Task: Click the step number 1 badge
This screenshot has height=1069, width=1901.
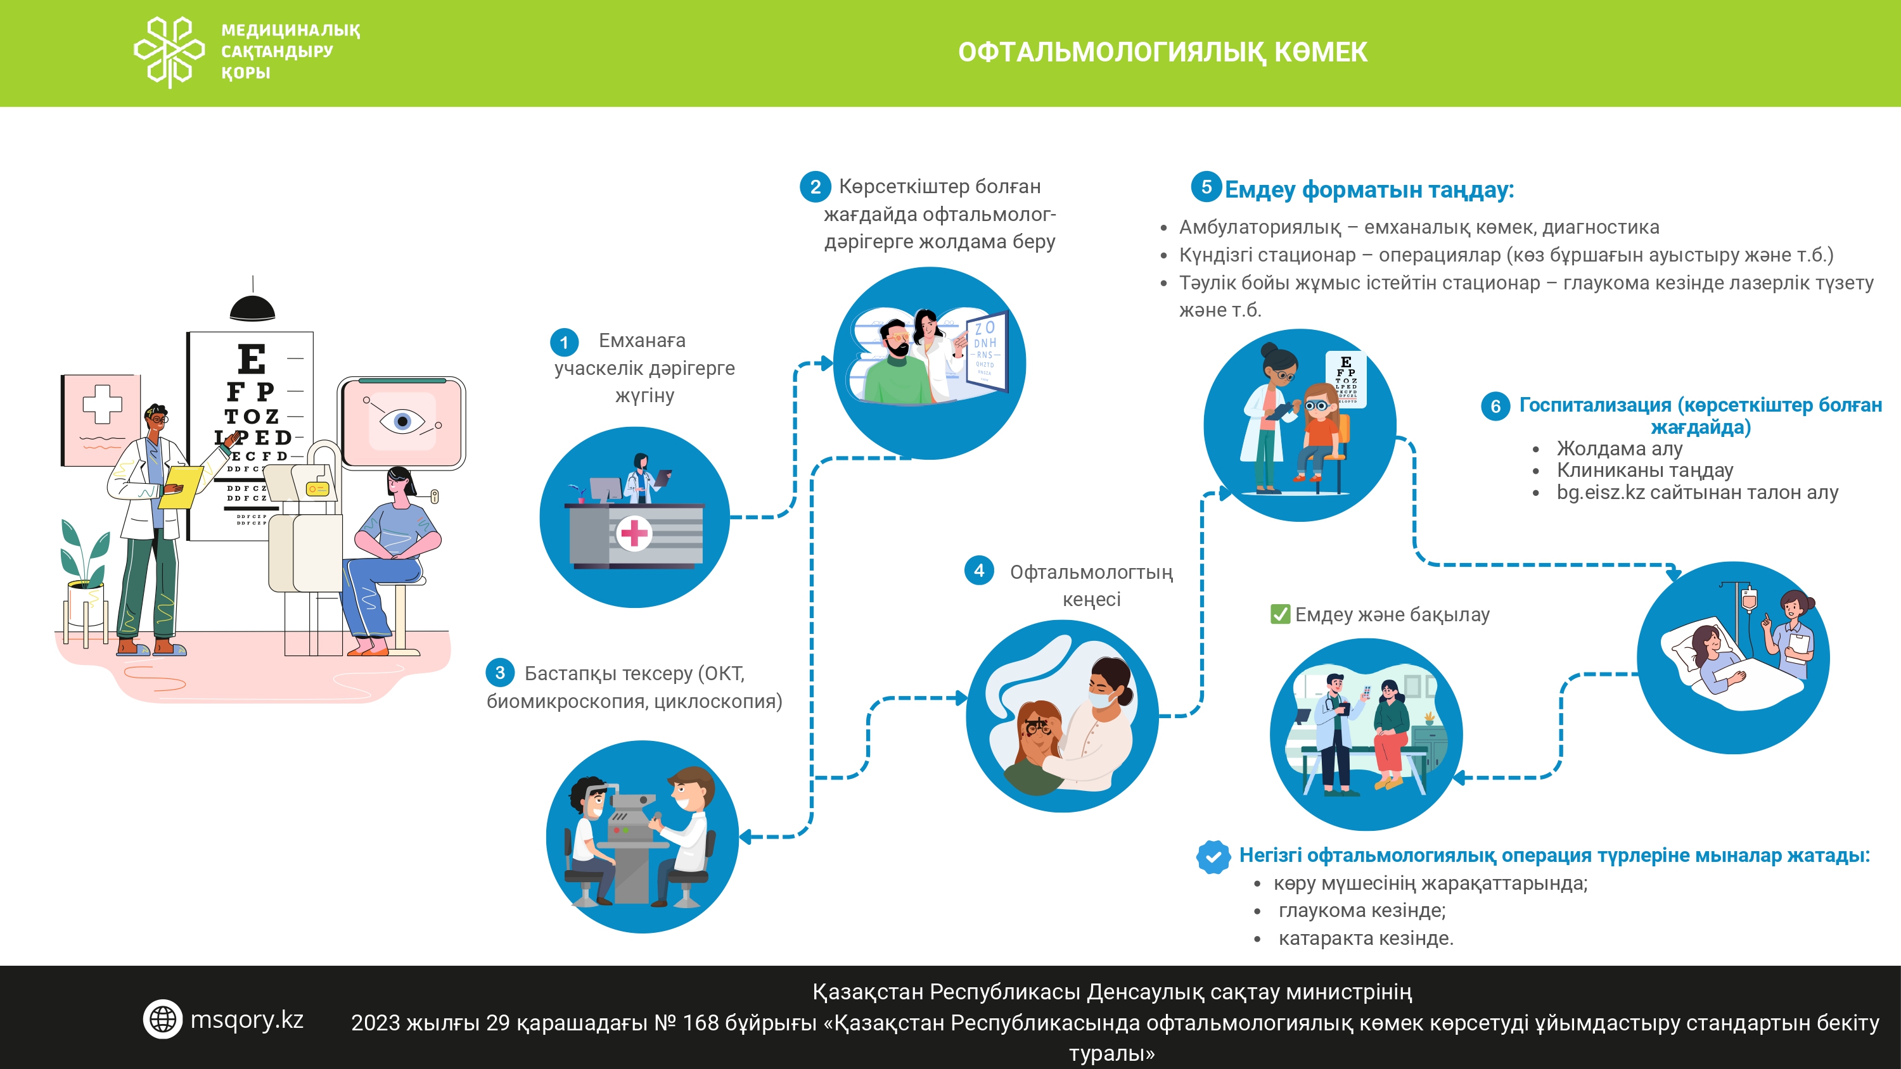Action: pos(565,343)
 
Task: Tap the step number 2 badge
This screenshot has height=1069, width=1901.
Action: pos(815,187)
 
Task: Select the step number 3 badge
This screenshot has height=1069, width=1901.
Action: pos(499,672)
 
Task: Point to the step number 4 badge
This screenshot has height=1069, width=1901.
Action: pos(978,570)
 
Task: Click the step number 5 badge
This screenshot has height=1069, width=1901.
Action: pos(1207,187)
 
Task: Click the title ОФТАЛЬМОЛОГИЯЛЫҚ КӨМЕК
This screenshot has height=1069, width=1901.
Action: pos(1162,53)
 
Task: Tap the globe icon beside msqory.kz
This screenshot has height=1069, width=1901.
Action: pos(162,1019)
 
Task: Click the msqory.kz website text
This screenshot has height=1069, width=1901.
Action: pos(246,1020)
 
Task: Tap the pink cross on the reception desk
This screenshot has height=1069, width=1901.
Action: pos(633,532)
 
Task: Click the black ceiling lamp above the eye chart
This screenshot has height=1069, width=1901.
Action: pos(252,306)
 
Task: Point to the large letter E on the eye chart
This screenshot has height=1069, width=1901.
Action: pos(252,359)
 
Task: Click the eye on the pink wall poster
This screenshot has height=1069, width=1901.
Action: pos(402,421)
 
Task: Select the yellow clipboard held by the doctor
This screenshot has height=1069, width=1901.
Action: pos(181,486)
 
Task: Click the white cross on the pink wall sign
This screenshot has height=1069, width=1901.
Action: pos(102,403)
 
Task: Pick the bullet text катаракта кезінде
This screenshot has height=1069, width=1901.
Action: pos(1366,939)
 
